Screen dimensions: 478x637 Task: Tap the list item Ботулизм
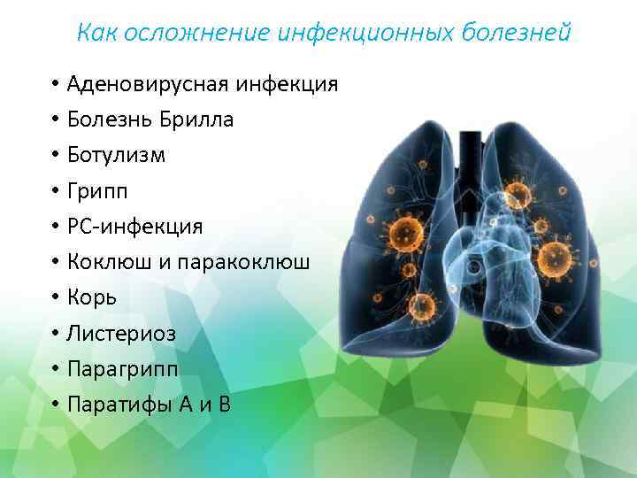point(116,156)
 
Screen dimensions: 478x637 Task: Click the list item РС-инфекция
point(134,227)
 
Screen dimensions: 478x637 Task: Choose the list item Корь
point(92,298)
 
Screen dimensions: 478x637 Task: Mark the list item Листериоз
point(121,334)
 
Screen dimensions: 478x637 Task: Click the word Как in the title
point(95,33)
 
